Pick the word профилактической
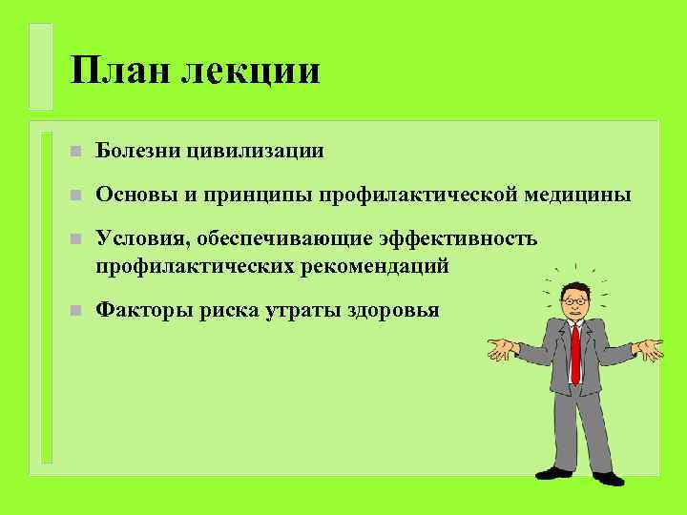tap(419, 196)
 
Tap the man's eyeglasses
tap(574, 301)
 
